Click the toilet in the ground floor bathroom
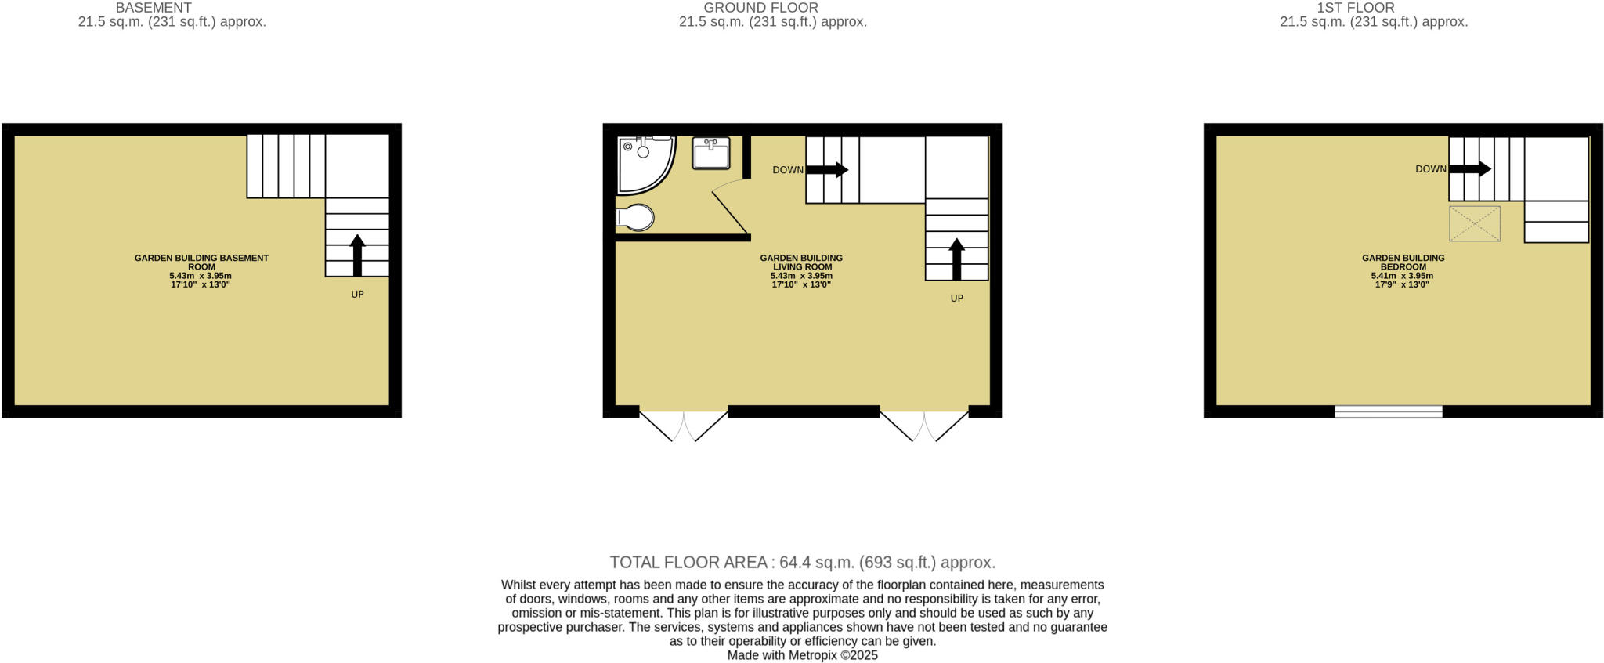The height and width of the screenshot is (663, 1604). (637, 217)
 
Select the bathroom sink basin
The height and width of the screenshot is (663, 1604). (710, 153)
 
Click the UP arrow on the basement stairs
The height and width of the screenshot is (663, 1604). (357, 254)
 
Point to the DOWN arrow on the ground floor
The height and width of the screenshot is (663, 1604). (827, 169)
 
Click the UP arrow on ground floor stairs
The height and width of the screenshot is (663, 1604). (956, 258)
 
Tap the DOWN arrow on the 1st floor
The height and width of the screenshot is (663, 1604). (1470, 168)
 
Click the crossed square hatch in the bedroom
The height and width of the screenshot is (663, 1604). (1475, 224)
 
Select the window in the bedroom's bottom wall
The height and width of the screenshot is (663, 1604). (1388, 411)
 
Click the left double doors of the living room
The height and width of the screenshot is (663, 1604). (684, 425)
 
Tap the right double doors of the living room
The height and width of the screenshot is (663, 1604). (924, 425)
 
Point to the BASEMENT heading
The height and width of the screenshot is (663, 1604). (154, 8)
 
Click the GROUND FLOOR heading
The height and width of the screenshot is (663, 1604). (760, 8)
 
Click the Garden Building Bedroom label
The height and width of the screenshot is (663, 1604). (1403, 263)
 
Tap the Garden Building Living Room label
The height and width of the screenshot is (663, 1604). (801, 263)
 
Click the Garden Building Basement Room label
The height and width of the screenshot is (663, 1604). (201, 263)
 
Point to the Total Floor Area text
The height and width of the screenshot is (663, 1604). (802, 563)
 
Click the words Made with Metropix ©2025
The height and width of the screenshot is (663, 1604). (802, 655)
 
